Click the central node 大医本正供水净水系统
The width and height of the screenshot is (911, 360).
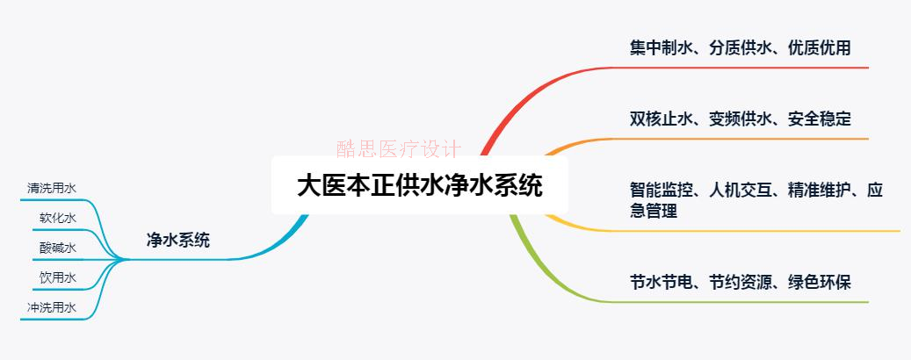420,186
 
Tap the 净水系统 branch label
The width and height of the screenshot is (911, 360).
178,240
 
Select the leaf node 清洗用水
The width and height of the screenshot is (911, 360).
52,187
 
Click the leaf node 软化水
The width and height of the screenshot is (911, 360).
58,218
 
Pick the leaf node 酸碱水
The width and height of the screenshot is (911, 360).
58,248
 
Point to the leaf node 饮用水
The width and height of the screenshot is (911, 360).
58,277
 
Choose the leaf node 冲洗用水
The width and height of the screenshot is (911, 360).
52,307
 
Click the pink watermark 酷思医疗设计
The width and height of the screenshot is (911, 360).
398,148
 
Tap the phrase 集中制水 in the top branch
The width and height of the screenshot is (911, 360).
658,47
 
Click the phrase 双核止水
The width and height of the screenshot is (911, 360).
658,119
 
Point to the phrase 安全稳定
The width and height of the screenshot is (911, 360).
820,119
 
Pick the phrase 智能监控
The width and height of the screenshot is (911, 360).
658,190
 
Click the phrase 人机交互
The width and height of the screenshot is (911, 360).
739,190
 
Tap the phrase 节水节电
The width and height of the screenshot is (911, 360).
658,282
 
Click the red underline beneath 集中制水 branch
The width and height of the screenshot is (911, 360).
747,68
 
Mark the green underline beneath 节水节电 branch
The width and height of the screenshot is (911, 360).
747,302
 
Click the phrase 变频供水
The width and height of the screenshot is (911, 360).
739,119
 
